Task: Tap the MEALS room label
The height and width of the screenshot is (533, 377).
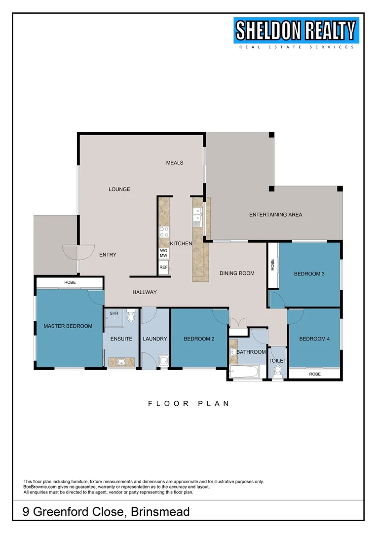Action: click(174, 163)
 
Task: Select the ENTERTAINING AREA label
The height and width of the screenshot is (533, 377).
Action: click(275, 215)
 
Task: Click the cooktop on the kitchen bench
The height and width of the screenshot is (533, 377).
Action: click(164, 232)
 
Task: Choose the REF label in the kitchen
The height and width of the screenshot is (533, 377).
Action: click(163, 268)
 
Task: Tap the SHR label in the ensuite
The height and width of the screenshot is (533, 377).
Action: click(114, 313)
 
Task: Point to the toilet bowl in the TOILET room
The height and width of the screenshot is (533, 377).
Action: click(277, 372)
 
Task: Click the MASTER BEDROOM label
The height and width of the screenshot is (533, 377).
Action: click(68, 326)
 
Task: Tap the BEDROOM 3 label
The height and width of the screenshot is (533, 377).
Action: click(309, 273)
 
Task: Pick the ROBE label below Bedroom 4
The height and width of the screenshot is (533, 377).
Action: click(315, 374)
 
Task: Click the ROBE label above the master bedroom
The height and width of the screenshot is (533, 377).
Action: click(70, 283)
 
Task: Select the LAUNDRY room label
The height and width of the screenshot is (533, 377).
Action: click(155, 339)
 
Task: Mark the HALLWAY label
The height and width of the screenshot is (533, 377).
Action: click(145, 292)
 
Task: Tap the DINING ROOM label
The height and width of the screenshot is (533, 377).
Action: click(237, 273)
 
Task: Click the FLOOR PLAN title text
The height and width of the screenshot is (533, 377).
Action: click(189, 404)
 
